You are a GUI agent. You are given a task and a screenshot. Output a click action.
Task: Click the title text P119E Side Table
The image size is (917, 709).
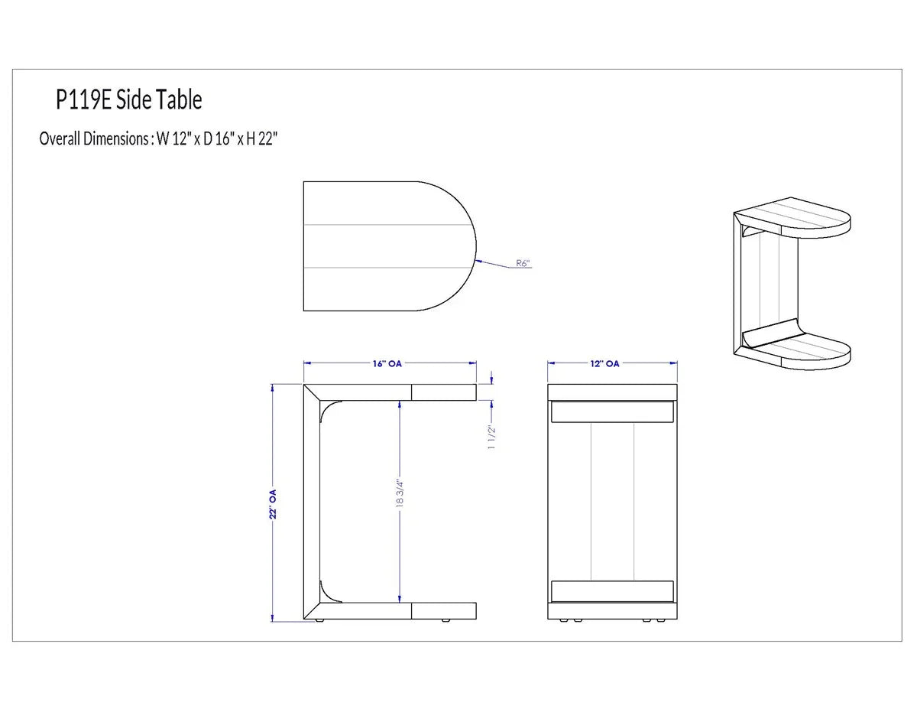pos(128,99)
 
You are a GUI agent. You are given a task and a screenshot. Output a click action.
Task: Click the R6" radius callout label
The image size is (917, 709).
pos(523,263)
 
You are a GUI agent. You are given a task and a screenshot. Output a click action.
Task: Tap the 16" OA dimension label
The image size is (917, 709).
pos(387,363)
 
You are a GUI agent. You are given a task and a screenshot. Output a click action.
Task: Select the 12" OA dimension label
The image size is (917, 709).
pos(604,363)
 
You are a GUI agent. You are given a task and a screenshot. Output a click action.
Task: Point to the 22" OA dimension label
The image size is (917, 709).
pos(273,504)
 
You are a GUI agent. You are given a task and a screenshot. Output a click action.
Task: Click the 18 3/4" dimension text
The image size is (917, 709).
pos(400,494)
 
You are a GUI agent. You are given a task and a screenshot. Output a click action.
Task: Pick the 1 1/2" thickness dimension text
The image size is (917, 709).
pos(491,437)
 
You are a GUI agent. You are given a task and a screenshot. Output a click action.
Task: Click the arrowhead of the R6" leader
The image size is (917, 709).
pos(478,261)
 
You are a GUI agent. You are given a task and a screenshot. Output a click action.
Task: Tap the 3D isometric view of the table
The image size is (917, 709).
pos(792,283)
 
